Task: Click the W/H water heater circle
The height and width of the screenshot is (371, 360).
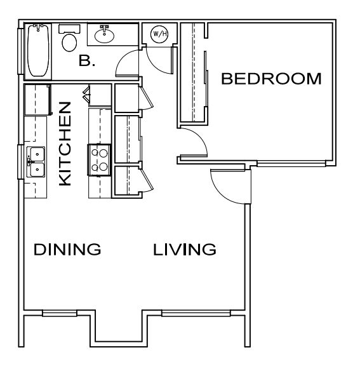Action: (159, 34)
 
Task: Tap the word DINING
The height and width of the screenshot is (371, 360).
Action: (67, 249)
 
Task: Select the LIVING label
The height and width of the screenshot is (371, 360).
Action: (184, 249)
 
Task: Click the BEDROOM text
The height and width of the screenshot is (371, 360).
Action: (271, 79)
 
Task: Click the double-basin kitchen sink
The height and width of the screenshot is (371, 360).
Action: (36, 161)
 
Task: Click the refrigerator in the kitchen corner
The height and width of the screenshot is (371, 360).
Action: (37, 100)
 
